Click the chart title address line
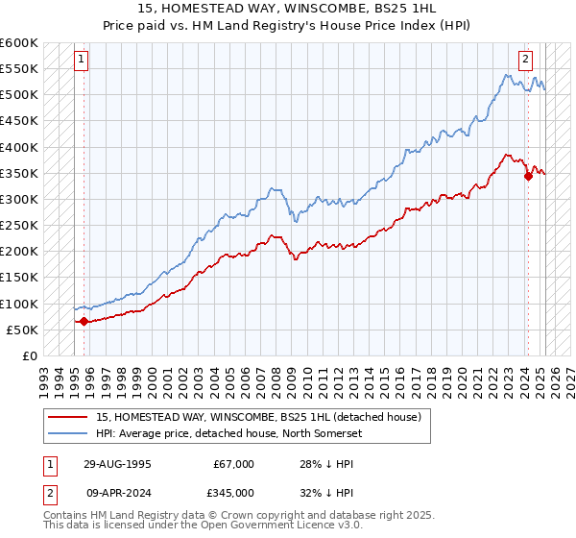click(x=287, y=9)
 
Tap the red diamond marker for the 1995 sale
click(x=84, y=322)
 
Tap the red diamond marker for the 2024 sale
click(x=528, y=176)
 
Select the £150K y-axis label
click(x=19, y=278)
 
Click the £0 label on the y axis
click(x=28, y=356)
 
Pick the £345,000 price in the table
click(x=233, y=493)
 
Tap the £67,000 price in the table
click(x=233, y=464)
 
